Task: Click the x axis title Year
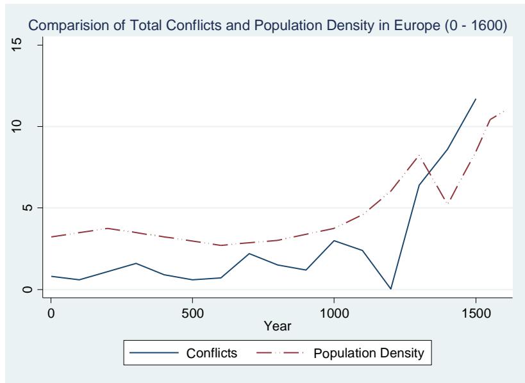(x=280, y=325)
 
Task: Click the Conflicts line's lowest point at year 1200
(x=390, y=289)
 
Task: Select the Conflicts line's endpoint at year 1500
(x=475, y=99)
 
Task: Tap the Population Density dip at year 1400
(x=447, y=202)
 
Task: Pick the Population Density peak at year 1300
(x=419, y=155)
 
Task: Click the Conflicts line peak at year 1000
(x=334, y=240)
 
